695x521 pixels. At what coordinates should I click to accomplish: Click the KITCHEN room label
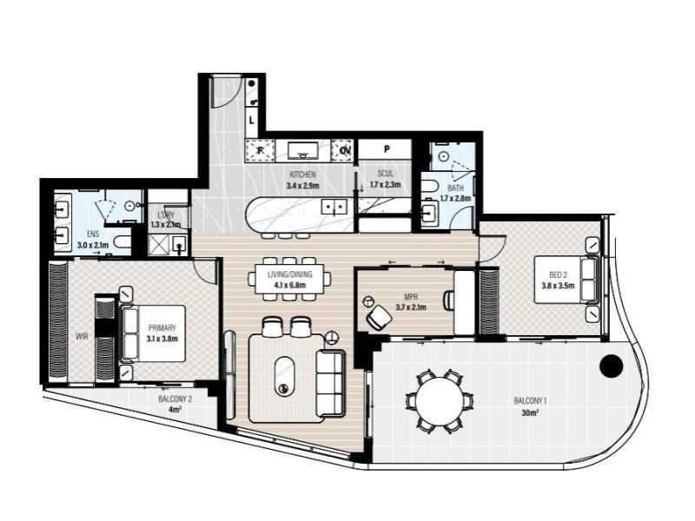click(x=302, y=175)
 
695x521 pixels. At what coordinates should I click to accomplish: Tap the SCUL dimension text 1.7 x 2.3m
click(x=385, y=184)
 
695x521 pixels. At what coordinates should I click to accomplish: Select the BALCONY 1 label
click(x=530, y=401)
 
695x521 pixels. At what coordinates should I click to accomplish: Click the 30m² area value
click(x=530, y=413)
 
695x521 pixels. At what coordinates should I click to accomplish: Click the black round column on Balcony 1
click(x=612, y=366)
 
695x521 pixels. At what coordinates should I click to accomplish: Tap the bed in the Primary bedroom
click(x=154, y=333)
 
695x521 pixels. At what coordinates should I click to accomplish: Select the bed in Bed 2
click(x=566, y=280)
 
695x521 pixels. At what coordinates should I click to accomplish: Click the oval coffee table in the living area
click(x=284, y=376)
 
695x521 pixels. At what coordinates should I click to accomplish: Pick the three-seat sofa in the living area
click(x=330, y=384)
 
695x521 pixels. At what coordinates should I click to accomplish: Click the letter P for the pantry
click(x=387, y=149)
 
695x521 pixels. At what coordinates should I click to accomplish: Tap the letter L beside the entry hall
click(x=252, y=120)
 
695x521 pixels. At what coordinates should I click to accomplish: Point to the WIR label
click(x=82, y=337)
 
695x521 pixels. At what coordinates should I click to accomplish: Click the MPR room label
click(x=409, y=298)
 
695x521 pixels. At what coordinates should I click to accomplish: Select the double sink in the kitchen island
click(x=334, y=207)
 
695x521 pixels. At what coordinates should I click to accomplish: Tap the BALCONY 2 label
click(x=175, y=399)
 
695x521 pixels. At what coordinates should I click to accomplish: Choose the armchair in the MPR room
click(x=380, y=317)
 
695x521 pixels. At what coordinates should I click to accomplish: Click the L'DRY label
click(x=162, y=215)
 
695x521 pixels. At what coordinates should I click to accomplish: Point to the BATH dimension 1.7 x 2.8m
click(x=455, y=199)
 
